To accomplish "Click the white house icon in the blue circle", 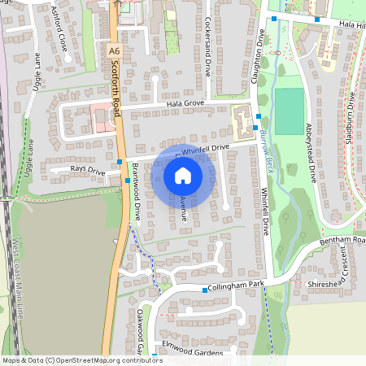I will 183,175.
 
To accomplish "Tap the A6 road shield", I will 114,50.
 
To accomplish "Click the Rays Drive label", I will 88,170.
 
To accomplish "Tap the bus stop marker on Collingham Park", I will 204,290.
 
